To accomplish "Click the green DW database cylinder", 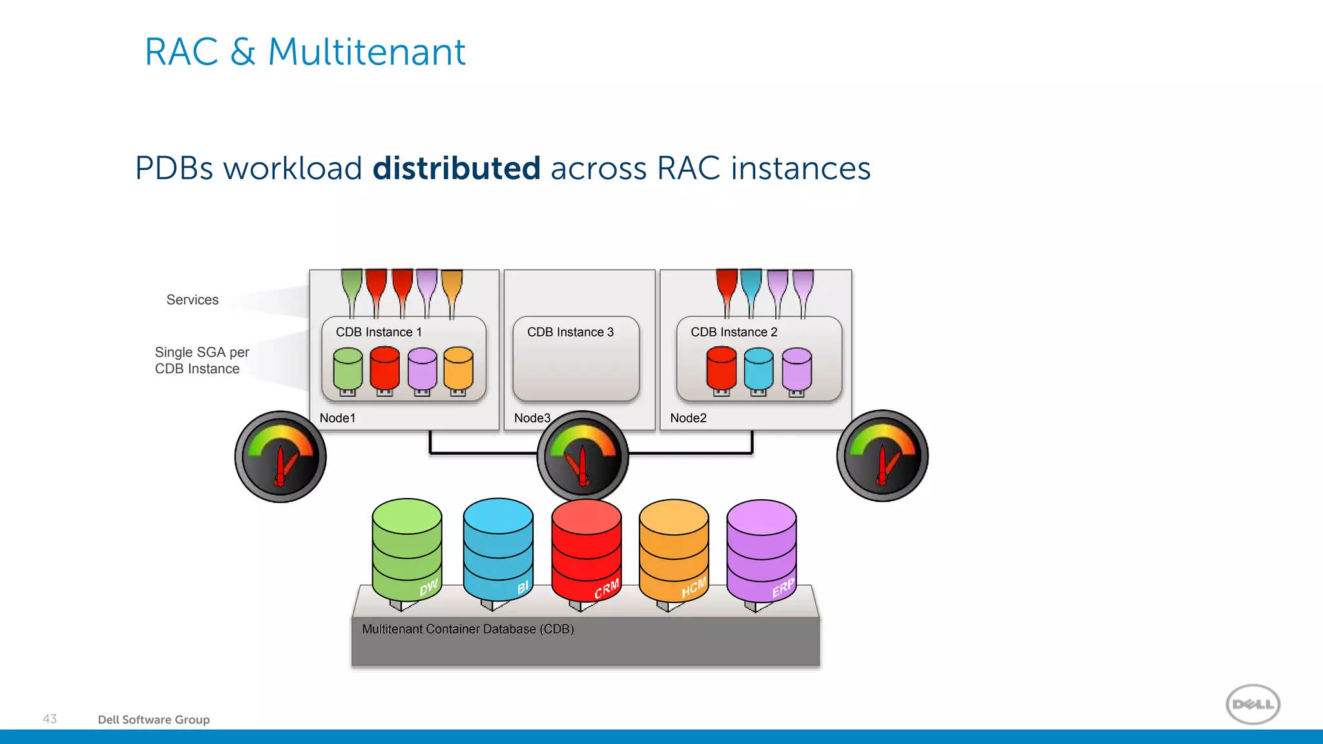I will (407, 549).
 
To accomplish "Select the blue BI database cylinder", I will (498, 549).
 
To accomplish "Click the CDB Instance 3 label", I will (570, 332).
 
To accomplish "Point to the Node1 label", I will (337, 418).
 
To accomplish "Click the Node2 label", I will (688, 418).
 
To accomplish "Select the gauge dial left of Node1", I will (280, 457).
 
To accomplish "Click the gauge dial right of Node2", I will (882, 456).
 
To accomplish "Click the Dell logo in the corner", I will (1253, 704).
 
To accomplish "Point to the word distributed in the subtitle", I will (456, 169).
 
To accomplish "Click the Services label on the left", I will (193, 300).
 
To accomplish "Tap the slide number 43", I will (50, 719).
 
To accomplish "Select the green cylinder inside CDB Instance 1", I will (348, 369).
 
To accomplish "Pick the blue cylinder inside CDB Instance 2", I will (758, 369).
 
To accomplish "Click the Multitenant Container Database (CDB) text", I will (468, 629).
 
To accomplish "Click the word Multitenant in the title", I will (366, 52).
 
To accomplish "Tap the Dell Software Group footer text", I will (154, 719).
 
